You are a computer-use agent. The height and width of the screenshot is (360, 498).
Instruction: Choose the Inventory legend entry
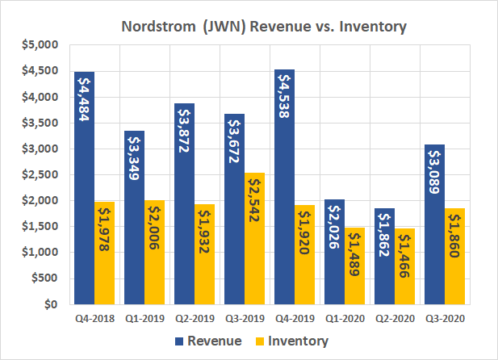[291, 341]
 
